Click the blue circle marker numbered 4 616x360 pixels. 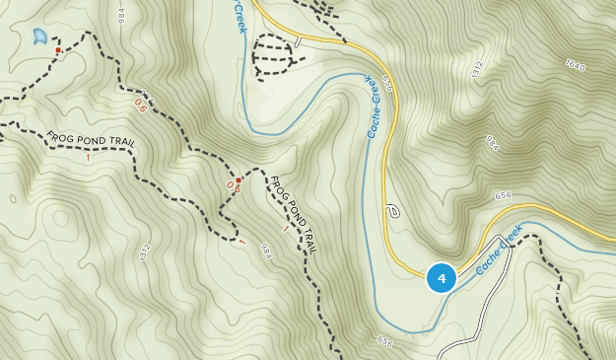[441, 278]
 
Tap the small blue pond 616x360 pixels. [39, 36]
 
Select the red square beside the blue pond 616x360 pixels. [58, 50]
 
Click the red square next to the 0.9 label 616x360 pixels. [239, 180]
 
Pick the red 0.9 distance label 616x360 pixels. [233, 186]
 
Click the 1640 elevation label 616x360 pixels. [575, 66]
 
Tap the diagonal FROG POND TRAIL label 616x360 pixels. [293, 214]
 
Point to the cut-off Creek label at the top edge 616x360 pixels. [239, 15]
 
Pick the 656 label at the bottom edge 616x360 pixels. [384, 342]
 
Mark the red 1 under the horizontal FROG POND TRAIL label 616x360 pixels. [88, 156]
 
